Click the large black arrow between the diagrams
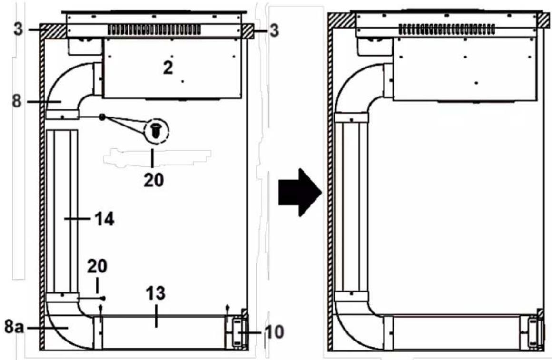(299, 192)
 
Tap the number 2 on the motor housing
(168, 67)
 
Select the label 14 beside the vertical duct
(105, 219)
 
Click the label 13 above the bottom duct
(156, 293)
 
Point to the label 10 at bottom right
(274, 331)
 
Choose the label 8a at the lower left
(14, 327)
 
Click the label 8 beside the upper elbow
(17, 101)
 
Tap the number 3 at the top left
(19, 29)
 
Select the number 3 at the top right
(274, 30)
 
